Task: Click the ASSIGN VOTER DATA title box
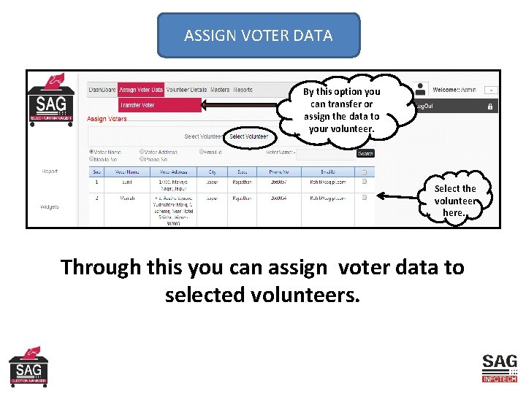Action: [x=259, y=35]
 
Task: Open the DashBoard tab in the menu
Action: [x=102, y=90]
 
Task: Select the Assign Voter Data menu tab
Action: [x=141, y=90]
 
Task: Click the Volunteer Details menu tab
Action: [x=186, y=90]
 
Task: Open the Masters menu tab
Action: [x=220, y=90]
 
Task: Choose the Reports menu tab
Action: [x=243, y=90]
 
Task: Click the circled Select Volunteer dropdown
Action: [x=248, y=136]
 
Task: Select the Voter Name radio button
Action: [x=91, y=152]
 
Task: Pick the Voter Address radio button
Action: [x=142, y=152]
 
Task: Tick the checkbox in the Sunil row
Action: [x=364, y=182]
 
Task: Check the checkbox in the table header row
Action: [x=364, y=171]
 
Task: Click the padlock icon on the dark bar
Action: [x=490, y=106]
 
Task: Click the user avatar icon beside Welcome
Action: [x=421, y=89]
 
